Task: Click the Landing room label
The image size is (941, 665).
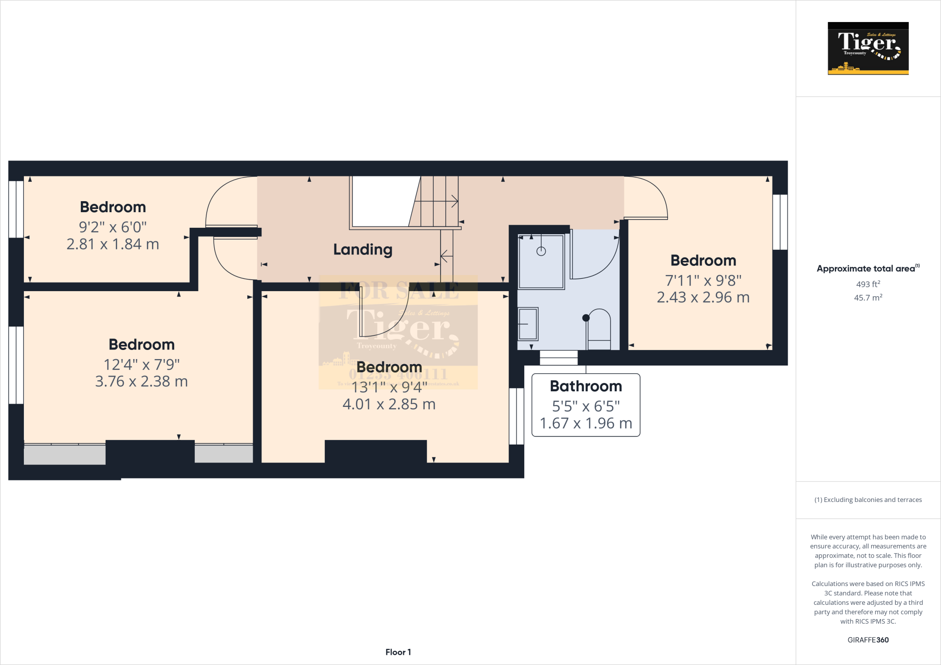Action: pos(363,250)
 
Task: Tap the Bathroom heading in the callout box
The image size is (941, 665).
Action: pos(586,386)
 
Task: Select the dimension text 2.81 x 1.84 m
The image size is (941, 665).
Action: pos(113,244)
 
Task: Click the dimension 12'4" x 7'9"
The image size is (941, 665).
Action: pos(142,365)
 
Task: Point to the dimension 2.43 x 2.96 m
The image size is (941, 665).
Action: pos(703,298)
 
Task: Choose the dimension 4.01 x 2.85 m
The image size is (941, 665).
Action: pos(389,405)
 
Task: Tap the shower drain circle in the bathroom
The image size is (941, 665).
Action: pos(541,251)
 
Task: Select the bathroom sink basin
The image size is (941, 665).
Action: pos(527,324)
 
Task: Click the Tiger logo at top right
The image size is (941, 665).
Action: pos(868,48)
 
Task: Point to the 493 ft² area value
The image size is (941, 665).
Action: pos(868,284)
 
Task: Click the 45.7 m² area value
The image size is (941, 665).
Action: pos(868,298)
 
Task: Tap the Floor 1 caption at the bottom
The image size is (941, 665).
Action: pos(398,652)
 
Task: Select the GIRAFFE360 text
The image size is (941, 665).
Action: pos(868,640)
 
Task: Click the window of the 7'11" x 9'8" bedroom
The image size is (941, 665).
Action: pos(780,222)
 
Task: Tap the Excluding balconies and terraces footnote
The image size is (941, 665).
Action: pos(868,500)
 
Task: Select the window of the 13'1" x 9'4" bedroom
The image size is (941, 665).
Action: pos(516,416)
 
